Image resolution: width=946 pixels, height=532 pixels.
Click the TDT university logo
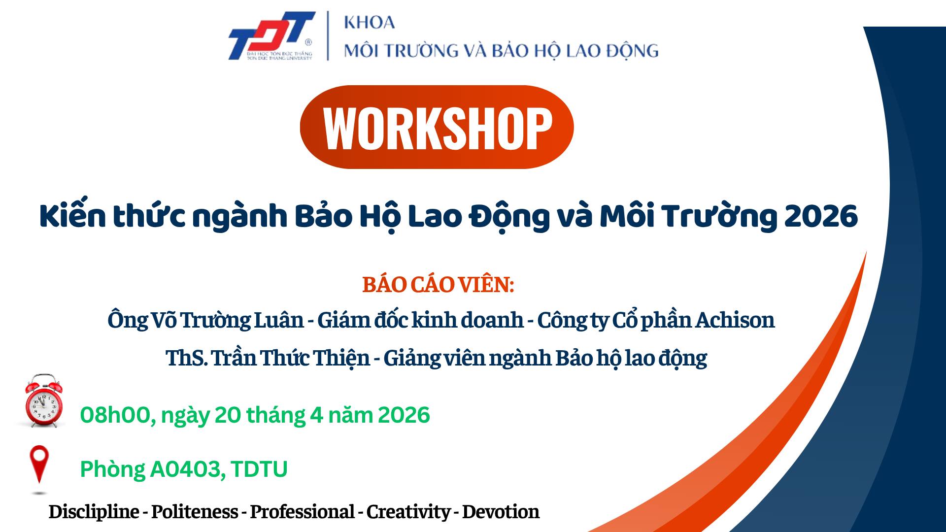click(271, 35)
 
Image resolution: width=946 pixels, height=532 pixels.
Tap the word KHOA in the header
click(369, 22)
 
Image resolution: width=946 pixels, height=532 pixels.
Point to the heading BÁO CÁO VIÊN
click(438, 285)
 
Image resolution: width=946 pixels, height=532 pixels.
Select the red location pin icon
click(39, 465)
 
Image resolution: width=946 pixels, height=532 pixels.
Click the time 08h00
click(114, 415)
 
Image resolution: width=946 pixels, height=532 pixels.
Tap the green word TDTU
click(259, 469)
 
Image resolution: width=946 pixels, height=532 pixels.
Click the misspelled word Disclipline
click(94, 512)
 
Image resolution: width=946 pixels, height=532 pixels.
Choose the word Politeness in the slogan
click(195, 512)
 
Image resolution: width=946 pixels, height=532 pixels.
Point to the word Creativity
click(408, 512)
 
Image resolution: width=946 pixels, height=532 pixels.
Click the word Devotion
click(501, 512)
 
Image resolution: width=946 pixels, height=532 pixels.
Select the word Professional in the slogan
click(302, 512)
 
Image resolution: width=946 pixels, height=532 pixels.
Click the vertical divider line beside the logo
click(328, 35)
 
